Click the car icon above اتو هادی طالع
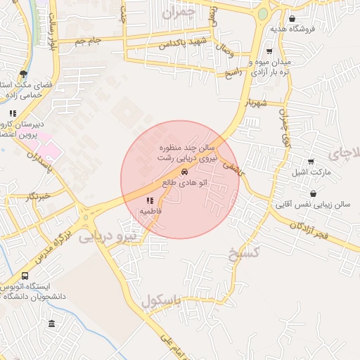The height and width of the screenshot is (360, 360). (x=184, y=171)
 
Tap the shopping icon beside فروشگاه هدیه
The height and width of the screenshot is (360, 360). (x=292, y=19)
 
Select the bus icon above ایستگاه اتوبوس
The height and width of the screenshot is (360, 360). (x=25, y=276)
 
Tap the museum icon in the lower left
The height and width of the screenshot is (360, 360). (x=51, y=323)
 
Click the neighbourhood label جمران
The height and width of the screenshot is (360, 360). (x=176, y=12)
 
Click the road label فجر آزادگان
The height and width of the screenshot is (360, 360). (x=308, y=228)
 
